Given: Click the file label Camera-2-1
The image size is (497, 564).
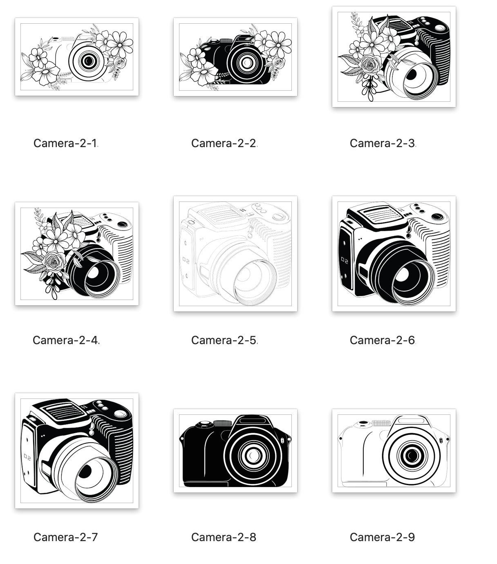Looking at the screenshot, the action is pyautogui.click(x=66, y=143).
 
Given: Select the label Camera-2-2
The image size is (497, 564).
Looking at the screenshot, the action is pyautogui.click(x=224, y=143).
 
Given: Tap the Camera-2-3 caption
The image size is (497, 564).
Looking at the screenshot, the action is pyautogui.click(x=383, y=143).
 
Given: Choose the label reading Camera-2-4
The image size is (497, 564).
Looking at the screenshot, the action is pyautogui.click(x=66, y=340).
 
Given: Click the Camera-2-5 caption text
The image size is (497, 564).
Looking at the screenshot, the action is pyautogui.click(x=224, y=340).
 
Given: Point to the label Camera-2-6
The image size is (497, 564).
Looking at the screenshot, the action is pyautogui.click(x=383, y=340).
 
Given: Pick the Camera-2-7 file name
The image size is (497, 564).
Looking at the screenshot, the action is pyautogui.click(x=66, y=537).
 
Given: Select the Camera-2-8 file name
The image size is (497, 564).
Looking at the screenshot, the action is pyautogui.click(x=224, y=537).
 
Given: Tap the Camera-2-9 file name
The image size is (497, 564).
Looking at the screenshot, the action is pyautogui.click(x=382, y=537).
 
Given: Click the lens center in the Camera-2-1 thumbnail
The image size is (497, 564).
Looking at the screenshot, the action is pyautogui.click(x=89, y=60).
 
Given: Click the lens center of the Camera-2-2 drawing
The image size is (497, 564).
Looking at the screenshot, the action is pyautogui.click(x=247, y=63).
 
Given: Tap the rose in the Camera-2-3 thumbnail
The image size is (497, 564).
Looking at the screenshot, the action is pyautogui.click(x=370, y=65).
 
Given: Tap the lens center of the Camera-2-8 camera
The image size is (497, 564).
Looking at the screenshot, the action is pyautogui.click(x=253, y=455).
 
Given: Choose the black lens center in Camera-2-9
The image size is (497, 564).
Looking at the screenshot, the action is pyautogui.click(x=411, y=455).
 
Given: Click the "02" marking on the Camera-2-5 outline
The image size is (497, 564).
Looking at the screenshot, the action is pyautogui.click(x=186, y=260).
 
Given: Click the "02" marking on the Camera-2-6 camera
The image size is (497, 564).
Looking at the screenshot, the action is pyautogui.click(x=345, y=260).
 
